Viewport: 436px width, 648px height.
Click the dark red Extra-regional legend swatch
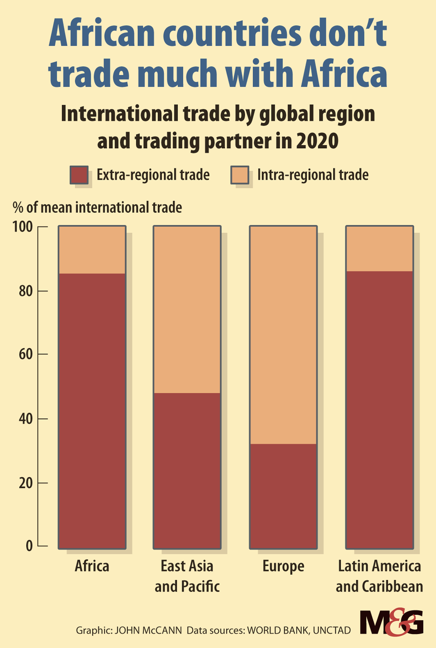pyautogui.click(x=79, y=175)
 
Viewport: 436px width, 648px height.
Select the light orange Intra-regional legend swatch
pyautogui.click(x=239, y=175)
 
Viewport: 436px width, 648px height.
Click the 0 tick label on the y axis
pyautogui.click(x=29, y=546)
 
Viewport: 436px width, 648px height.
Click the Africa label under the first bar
pyautogui.click(x=92, y=566)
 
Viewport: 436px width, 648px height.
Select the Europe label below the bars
pyautogui.click(x=283, y=566)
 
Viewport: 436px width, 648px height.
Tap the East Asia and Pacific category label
pyautogui.click(x=187, y=576)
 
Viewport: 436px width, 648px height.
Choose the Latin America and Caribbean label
pyautogui.click(x=379, y=576)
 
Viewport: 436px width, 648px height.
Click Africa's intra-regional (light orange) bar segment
pyautogui.click(x=92, y=250)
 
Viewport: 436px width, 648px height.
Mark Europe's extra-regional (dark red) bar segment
pyautogui.click(x=283, y=496)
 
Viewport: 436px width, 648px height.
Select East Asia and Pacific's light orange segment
pyautogui.click(x=187, y=310)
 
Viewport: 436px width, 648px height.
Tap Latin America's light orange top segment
pyautogui.click(x=379, y=249)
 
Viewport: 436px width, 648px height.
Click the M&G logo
pyautogui.click(x=391, y=623)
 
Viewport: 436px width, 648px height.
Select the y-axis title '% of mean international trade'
pyautogui.click(x=97, y=207)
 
